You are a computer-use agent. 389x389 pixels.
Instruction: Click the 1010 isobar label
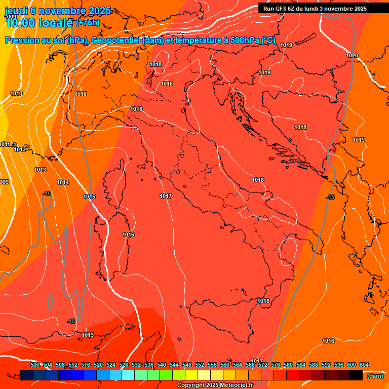point(16,94)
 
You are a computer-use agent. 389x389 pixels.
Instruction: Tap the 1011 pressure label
point(5,145)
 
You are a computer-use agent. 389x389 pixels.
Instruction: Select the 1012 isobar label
point(20,150)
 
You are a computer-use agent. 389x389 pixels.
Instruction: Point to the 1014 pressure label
point(63,182)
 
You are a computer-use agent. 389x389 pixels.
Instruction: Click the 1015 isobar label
point(89,197)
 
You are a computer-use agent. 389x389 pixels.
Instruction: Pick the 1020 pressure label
point(352,55)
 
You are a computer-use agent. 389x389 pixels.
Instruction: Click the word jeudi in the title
point(17,11)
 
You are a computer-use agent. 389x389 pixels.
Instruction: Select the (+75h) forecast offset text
point(88,23)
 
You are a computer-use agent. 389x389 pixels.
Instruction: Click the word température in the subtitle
point(195,41)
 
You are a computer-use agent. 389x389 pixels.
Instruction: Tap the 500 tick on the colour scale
point(35,365)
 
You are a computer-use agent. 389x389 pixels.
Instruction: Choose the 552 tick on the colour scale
point(200,365)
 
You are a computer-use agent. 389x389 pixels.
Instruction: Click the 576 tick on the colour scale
point(276,365)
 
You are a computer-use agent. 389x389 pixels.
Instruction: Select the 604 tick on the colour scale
point(364,365)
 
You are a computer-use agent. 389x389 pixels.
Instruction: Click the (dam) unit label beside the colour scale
point(375,376)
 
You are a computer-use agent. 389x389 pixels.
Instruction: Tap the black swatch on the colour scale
point(356,375)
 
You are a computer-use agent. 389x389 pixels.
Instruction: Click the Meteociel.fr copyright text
point(215,385)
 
